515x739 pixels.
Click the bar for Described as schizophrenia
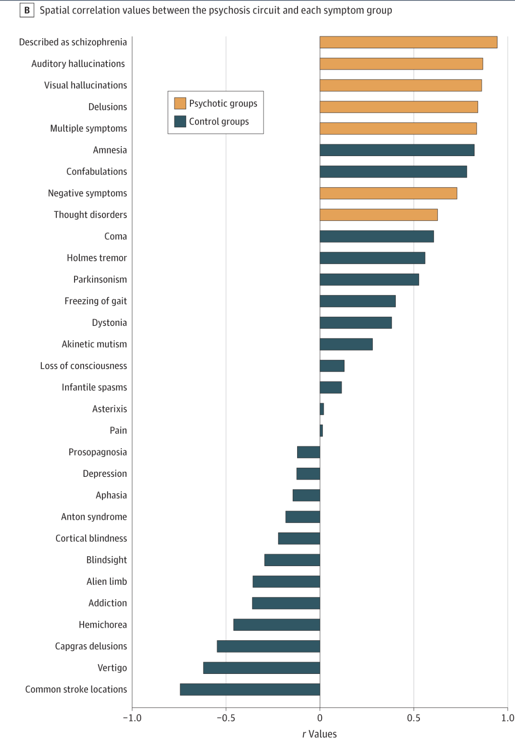[408, 42]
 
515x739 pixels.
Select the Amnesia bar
[397, 150]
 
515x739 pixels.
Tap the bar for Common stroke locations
[250, 689]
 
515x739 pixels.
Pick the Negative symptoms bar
[388, 193]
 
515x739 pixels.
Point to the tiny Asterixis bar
[322, 409]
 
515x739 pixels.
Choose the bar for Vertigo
[261, 668]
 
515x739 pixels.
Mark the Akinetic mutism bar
[346, 344]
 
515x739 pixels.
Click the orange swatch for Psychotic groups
[180, 103]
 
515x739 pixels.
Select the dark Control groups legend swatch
[180, 122]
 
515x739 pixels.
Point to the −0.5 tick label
[226, 718]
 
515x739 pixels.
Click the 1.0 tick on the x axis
[508, 718]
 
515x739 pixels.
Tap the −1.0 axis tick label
[132, 718]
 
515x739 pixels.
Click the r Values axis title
[320, 734]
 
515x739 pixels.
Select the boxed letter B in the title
[27, 10]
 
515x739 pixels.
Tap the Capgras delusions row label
[91, 646]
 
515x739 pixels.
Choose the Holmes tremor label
[97, 258]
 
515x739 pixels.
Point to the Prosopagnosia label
[98, 452]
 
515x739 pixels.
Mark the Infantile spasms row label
[94, 387]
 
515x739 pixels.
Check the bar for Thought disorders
[378, 215]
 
